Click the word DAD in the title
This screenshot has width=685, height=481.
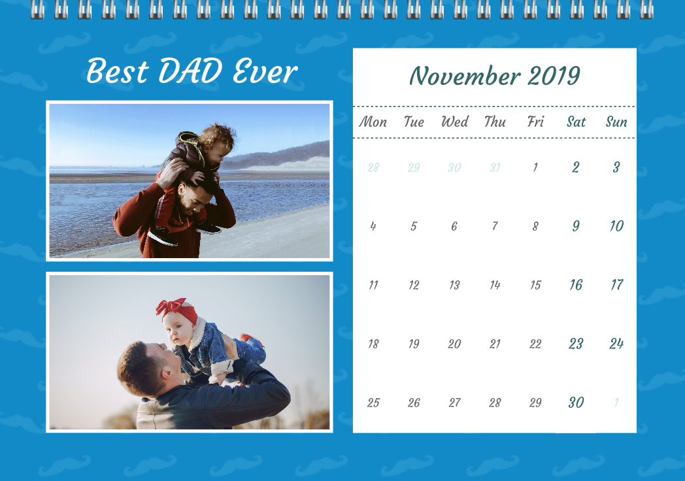coord(190,71)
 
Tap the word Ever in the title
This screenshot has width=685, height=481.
coord(265,71)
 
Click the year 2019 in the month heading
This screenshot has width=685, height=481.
coord(554,76)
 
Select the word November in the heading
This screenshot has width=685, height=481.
coord(465,76)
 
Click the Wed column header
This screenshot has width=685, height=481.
coord(454,122)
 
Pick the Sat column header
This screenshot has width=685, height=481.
coord(576,122)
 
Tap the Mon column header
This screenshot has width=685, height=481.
coord(373,122)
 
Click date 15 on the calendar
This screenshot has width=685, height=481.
coord(535,286)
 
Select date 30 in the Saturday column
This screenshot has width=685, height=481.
coord(576,403)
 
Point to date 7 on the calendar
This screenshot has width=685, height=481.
coord(495,226)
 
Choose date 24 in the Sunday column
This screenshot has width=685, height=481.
coord(616,344)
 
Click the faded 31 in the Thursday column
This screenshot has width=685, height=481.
coord(495,167)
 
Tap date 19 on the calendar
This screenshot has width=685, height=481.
coord(414,344)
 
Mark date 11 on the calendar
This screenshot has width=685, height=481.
coord(373,286)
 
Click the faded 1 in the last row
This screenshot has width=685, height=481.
coord(616,403)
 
